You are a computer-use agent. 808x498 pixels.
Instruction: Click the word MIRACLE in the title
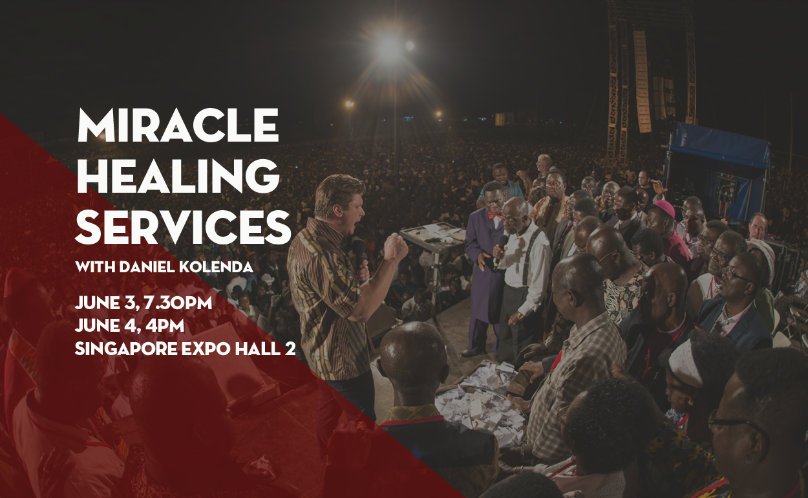178,125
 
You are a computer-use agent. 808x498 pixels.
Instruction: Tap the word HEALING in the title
178,176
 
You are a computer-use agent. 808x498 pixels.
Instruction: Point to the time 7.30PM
178,303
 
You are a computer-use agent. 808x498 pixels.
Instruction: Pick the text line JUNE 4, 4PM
129,326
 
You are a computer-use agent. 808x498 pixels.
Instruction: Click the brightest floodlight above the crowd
389,46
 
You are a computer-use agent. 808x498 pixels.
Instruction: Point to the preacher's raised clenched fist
396,246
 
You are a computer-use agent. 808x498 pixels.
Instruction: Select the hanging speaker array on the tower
642,81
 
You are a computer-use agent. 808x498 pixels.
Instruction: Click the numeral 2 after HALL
291,349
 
